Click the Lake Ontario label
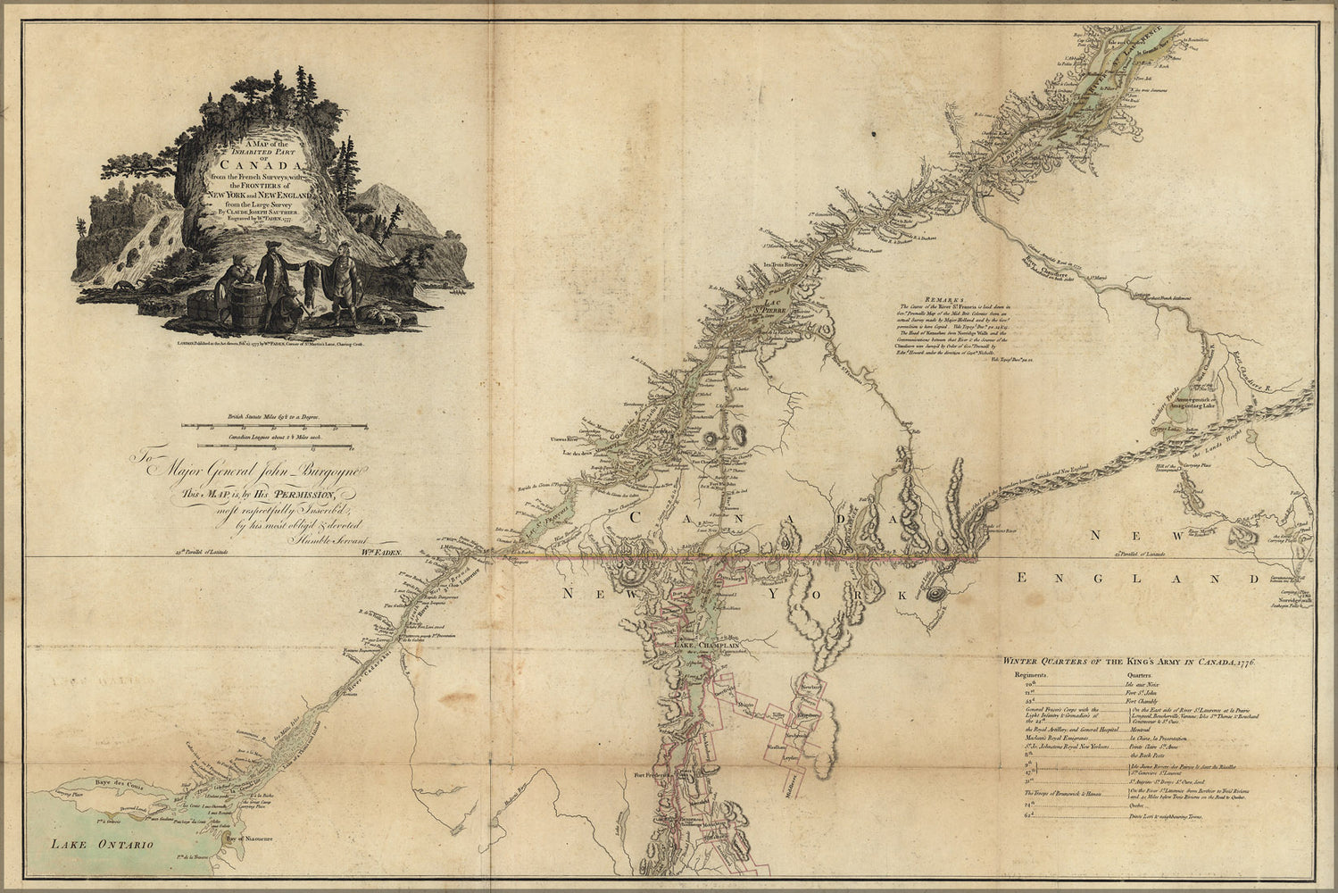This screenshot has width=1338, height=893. [x=103, y=844]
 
